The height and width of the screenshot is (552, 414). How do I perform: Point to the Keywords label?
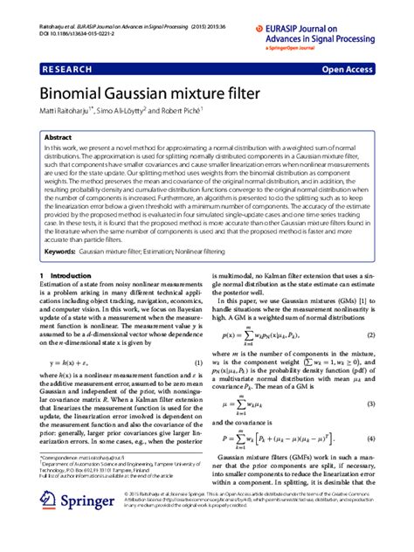65,252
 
